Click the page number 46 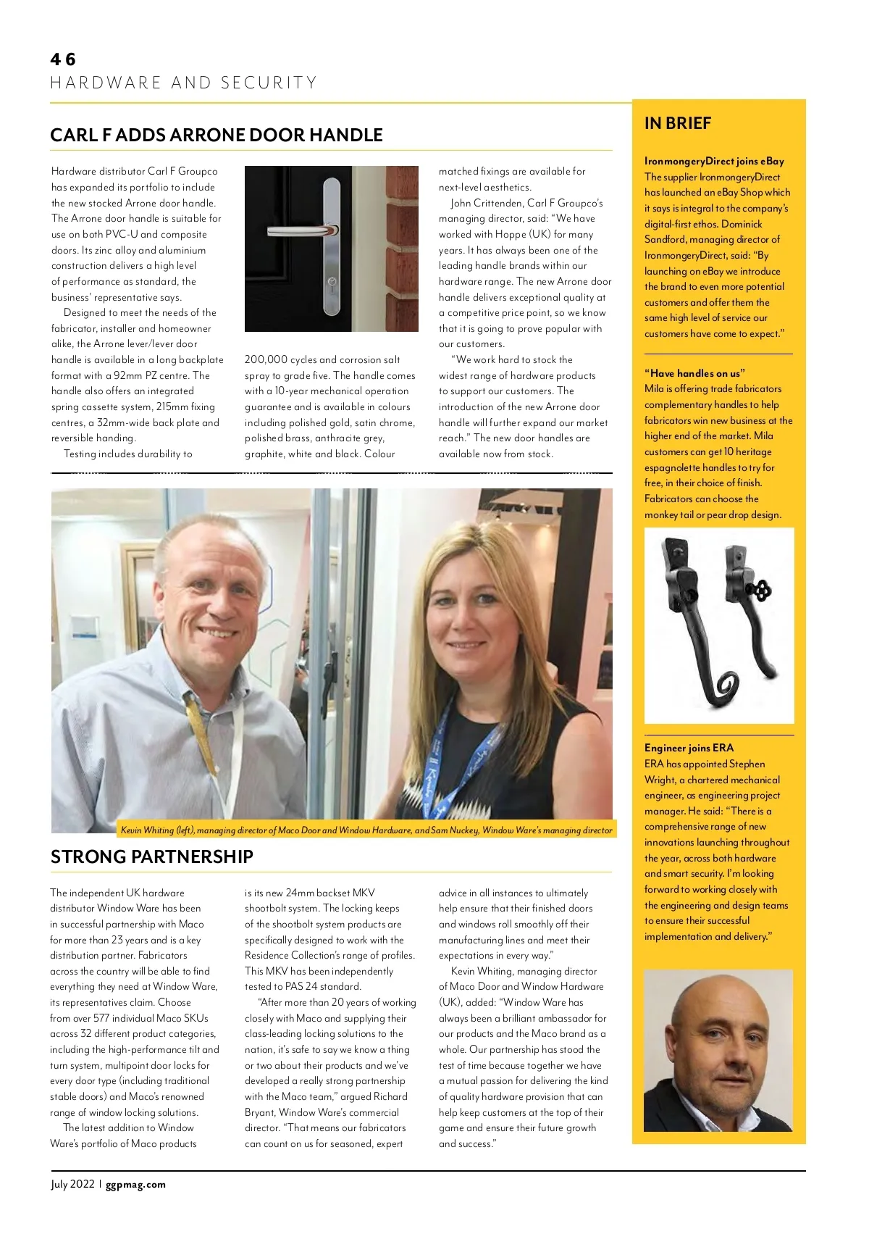point(63,59)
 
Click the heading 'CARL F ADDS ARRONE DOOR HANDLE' point(216,136)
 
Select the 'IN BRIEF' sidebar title point(677,123)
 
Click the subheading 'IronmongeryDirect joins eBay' point(714,161)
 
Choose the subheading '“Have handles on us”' point(694,373)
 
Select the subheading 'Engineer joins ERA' point(689,748)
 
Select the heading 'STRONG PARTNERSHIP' point(152,856)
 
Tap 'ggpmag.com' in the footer point(135,1185)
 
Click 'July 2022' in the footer point(72,1185)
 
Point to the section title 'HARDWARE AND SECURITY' point(184,83)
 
